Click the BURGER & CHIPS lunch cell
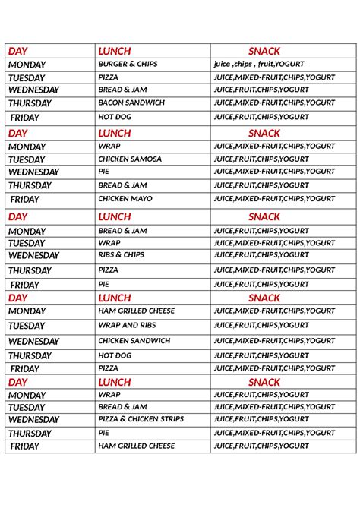tap(128, 65)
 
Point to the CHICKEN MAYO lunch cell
tap(125, 199)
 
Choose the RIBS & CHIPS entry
tap(121, 255)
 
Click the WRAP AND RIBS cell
tap(128, 325)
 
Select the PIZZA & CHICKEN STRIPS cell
tap(141, 419)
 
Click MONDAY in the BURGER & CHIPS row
tap(27, 65)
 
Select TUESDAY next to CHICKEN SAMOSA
tap(27, 160)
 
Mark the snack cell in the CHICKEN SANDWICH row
tap(273, 341)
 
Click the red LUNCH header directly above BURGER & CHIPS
tap(115, 51)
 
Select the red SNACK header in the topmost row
tap(264, 51)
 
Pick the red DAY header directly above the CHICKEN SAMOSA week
tap(18, 134)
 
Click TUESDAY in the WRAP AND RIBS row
tap(27, 326)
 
